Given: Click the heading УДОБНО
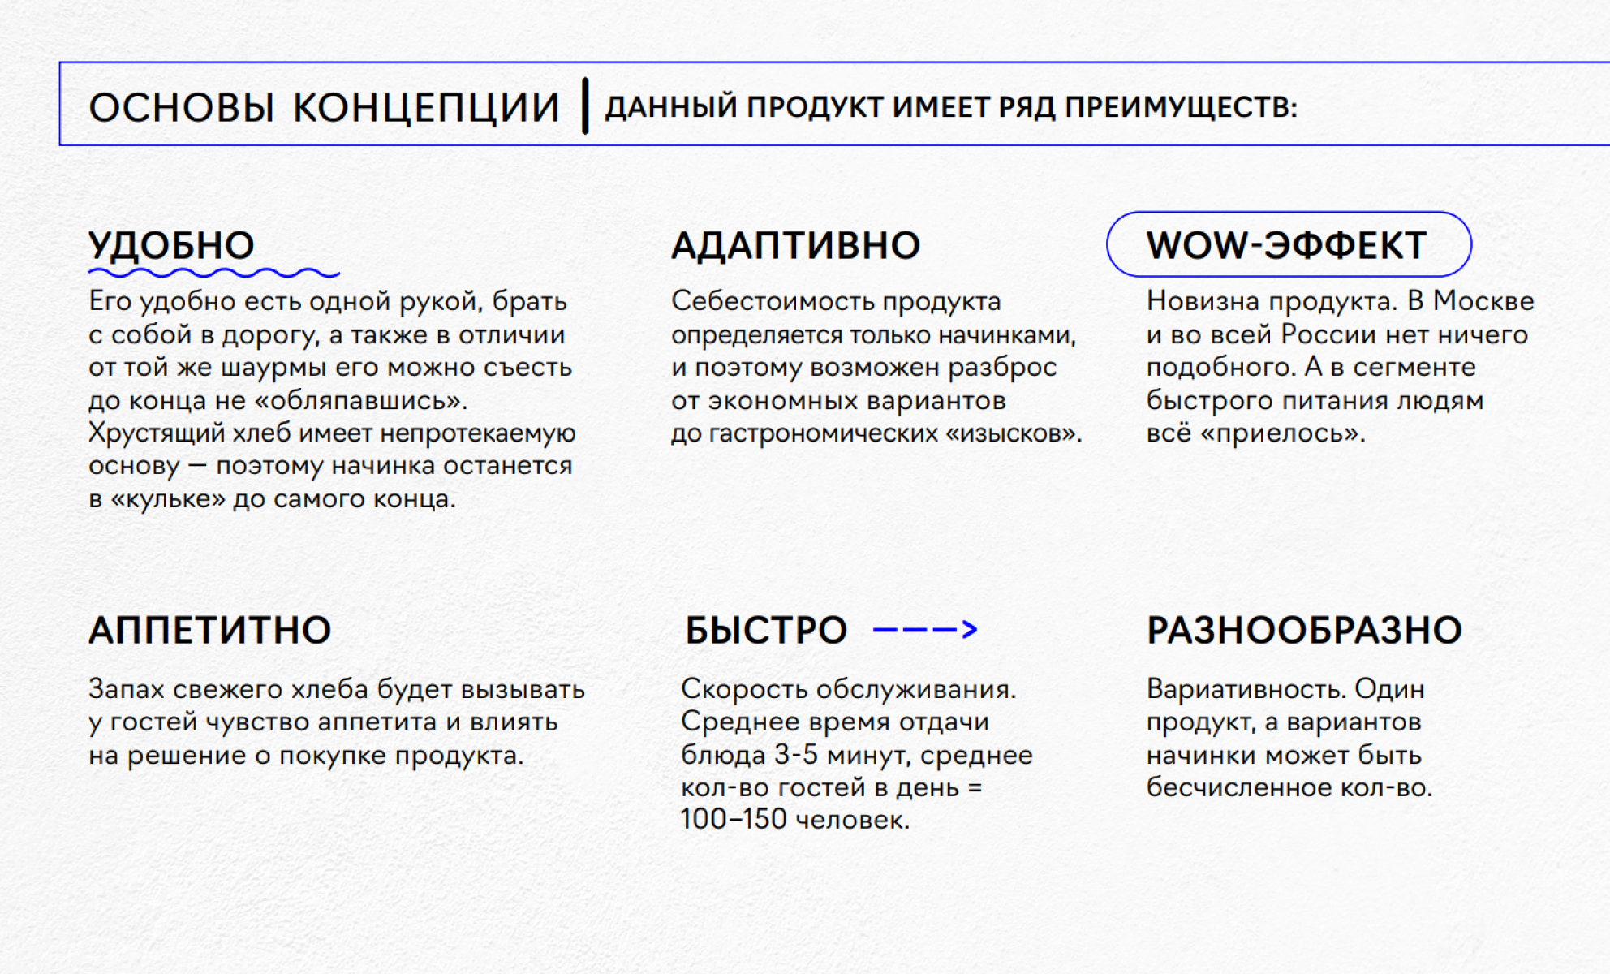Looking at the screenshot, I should (171, 245).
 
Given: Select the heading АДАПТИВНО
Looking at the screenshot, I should (795, 245).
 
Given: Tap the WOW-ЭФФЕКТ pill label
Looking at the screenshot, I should (1287, 245).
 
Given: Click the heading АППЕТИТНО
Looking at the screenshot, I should (210, 631).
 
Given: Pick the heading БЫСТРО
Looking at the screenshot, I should (766, 631).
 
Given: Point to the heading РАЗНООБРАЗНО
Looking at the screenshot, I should (1304, 631).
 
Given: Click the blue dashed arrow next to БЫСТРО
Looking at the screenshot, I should (925, 629).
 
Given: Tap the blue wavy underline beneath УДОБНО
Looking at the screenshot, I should (213, 274).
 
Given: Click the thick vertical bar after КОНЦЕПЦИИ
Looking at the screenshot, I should (584, 106).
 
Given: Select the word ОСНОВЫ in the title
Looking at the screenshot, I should (181, 107).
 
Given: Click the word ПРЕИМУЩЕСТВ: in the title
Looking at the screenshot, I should (1181, 107).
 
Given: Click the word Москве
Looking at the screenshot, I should (1483, 301).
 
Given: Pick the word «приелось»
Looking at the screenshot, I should (1282, 433).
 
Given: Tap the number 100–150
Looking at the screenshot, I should (734, 820).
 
